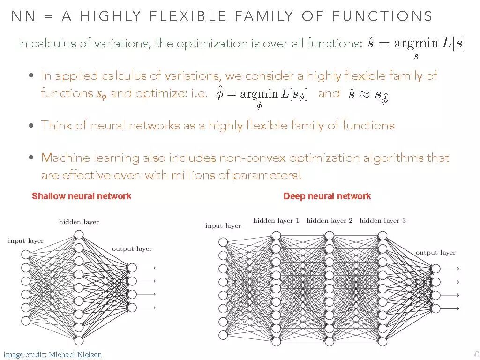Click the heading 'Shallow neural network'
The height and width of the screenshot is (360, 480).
82,196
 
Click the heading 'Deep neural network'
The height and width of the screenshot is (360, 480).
327,196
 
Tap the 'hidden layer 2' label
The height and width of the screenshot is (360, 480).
329,221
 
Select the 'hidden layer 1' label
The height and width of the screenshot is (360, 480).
276,221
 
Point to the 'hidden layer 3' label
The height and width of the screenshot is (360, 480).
382,221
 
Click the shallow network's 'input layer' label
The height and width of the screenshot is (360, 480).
26,241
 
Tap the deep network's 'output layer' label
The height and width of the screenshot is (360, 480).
435,253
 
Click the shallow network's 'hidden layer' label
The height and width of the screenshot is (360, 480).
79,222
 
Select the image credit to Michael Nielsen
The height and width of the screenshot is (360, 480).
52,355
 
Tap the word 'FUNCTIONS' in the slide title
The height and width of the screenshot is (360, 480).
381,17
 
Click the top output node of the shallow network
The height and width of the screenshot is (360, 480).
132,268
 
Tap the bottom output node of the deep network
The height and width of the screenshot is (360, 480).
435,308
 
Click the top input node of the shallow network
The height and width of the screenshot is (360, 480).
26,255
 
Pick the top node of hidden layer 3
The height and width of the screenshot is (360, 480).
382,235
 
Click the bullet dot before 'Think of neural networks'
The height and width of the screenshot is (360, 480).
31,126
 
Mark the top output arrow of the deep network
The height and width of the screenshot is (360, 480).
451,269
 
